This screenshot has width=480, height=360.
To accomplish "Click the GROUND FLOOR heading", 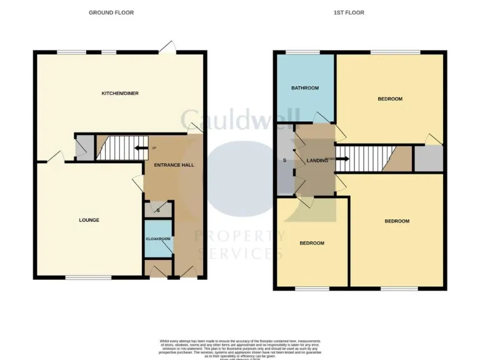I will pos(111,12).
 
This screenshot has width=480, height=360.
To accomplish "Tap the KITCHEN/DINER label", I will pos(120,94).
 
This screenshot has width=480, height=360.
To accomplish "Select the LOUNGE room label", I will pos(89,220).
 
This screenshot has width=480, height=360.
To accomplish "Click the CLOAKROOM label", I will pos(158,239).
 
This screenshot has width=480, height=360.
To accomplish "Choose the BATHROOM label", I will pos(305,88).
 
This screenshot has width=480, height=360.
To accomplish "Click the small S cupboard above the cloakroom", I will pos(158,210).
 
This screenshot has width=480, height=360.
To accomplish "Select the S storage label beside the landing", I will pos(284,161).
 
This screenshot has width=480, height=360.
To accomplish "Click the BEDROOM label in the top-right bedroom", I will pos(390,99).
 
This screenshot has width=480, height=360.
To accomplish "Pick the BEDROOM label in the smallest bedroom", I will pos(312,243).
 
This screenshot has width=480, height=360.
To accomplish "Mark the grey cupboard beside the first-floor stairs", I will pos(428,159).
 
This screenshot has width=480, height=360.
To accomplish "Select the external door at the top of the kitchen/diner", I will pos(166,48).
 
